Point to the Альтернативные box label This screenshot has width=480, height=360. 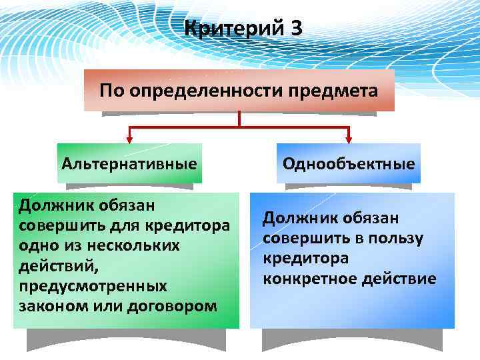[x=129, y=163]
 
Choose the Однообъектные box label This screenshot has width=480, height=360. [x=349, y=163]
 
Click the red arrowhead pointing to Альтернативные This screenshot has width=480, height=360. [x=129, y=139]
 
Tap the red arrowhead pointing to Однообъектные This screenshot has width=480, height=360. [x=349, y=139]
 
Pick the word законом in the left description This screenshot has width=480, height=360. [x=49, y=306]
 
